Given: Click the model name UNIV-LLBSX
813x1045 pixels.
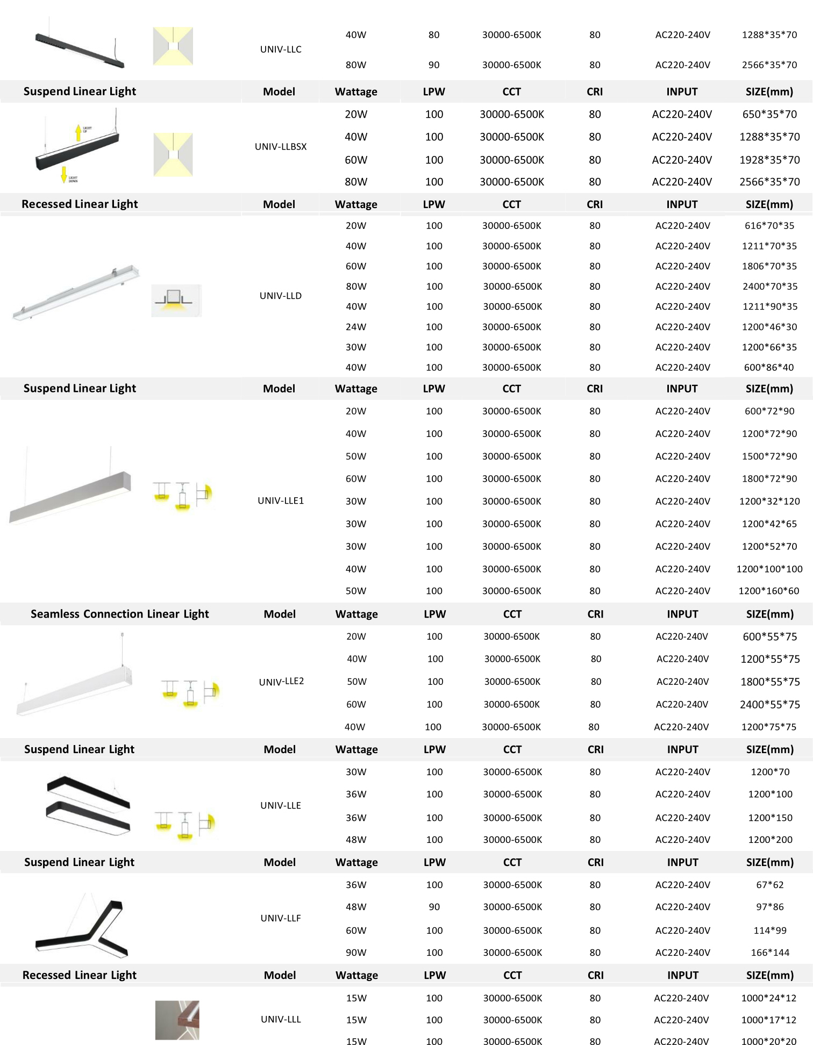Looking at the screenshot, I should click(281, 147).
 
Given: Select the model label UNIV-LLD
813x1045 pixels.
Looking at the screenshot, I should click(281, 296).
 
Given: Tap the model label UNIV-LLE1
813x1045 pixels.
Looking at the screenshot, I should click(281, 500).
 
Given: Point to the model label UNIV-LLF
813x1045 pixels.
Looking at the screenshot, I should click(281, 918).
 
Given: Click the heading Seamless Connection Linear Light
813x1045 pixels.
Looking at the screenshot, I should click(119, 614).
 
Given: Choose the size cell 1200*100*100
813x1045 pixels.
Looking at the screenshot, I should click(769, 569).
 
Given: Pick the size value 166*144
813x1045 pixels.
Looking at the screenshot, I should click(770, 953).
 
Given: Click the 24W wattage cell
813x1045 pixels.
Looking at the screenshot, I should click(356, 327).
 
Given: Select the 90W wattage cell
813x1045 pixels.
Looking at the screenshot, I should click(356, 953).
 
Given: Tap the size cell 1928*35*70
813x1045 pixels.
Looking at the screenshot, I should click(769, 160).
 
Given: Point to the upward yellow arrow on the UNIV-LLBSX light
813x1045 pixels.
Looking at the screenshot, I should click(79, 132).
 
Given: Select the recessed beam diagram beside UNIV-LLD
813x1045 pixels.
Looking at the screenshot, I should click(176, 300).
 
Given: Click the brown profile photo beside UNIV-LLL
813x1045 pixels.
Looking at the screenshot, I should click(177, 1020).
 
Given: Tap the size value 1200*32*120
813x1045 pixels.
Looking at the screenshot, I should click(769, 501).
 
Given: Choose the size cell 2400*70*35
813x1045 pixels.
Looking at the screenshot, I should click(769, 287).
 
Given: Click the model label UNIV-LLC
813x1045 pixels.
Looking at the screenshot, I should click(281, 49).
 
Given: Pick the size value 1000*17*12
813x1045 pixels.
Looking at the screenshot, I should click(768, 1020).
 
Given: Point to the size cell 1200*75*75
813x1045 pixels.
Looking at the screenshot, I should click(768, 727).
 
